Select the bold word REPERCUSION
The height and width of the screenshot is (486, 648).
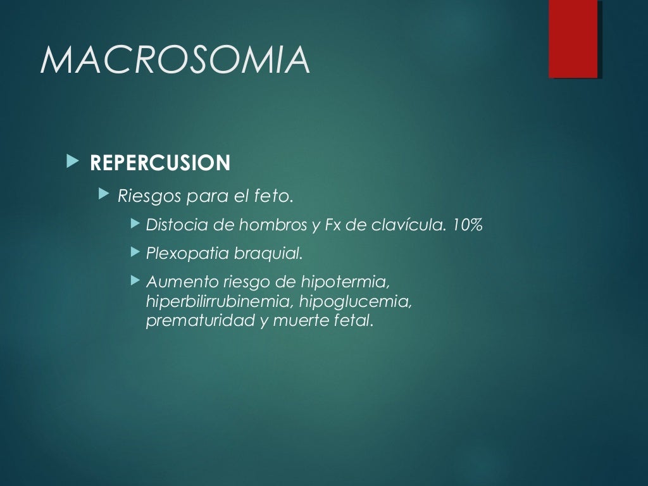pos(160,163)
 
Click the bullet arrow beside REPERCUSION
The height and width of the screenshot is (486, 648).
pos(71,162)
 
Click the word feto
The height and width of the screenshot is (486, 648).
pos(276,196)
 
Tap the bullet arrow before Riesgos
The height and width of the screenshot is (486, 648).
pos(104,196)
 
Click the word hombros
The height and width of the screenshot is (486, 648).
pos(258,225)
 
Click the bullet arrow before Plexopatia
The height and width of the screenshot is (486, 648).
pos(134,252)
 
